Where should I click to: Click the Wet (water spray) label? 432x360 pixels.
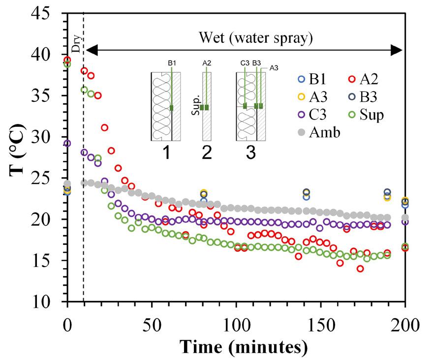256,37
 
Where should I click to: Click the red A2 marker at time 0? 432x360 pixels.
67,60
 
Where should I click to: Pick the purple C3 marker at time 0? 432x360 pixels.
67,144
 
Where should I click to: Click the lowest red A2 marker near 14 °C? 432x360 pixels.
360,269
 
